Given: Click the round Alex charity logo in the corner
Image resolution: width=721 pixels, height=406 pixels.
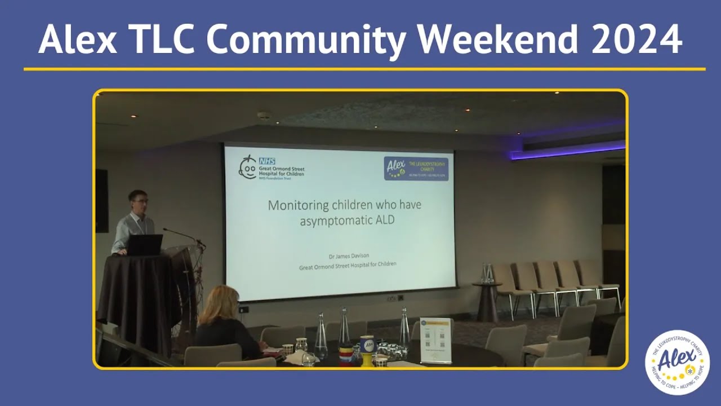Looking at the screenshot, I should [x=677, y=362].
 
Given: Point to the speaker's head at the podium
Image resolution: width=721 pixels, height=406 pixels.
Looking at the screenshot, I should [x=137, y=201].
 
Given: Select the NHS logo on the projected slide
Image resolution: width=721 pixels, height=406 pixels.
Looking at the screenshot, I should [x=267, y=161].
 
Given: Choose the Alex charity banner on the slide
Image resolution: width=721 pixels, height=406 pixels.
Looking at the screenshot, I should [x=416, y=169].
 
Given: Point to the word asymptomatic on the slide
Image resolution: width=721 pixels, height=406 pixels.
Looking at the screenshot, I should [x=327, y=220].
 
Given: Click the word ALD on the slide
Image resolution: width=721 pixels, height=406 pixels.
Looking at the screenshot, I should [x=382, y=220].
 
